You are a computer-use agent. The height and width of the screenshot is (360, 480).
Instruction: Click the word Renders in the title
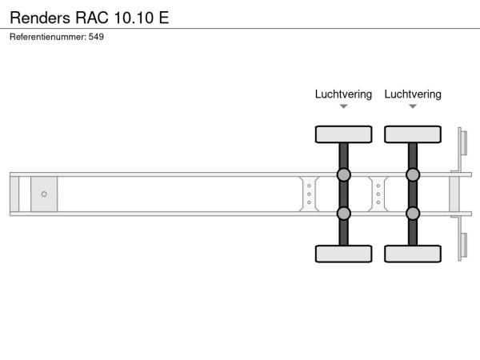point(40,18)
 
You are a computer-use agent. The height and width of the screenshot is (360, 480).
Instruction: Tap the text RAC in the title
point(92,18)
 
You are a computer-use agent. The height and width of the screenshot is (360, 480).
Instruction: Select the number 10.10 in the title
point(134,18)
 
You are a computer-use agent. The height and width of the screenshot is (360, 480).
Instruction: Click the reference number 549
point(96,37)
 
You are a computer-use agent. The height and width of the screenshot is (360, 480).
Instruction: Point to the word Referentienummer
point(48,37)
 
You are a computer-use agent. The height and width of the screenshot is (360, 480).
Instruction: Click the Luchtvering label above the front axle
point(343,94)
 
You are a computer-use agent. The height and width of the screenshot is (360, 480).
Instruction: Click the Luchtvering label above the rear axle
point(413,94)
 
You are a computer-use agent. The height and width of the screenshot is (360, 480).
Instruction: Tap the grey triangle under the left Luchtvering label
point(344,106)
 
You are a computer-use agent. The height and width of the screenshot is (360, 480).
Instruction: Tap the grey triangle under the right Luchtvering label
point(413,106)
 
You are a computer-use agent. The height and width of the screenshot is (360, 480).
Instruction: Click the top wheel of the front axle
point(343,134)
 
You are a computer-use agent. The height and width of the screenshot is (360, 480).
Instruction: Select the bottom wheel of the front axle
point(343,254)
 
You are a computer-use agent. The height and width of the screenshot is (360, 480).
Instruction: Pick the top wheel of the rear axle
point(413,134)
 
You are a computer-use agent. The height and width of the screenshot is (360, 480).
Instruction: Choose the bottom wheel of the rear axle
point(413,254)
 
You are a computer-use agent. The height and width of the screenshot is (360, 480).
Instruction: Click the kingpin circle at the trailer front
point(44,194)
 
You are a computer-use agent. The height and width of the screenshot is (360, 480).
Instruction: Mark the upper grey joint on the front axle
point(344,174)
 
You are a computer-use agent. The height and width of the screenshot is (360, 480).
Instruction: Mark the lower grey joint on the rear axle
point(413,214)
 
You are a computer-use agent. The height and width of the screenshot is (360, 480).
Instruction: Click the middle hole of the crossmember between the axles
point(378,194)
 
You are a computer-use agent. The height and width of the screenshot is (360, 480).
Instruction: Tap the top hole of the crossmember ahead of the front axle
point(309,186)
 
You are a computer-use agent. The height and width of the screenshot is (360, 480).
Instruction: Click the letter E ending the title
point(164,18)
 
